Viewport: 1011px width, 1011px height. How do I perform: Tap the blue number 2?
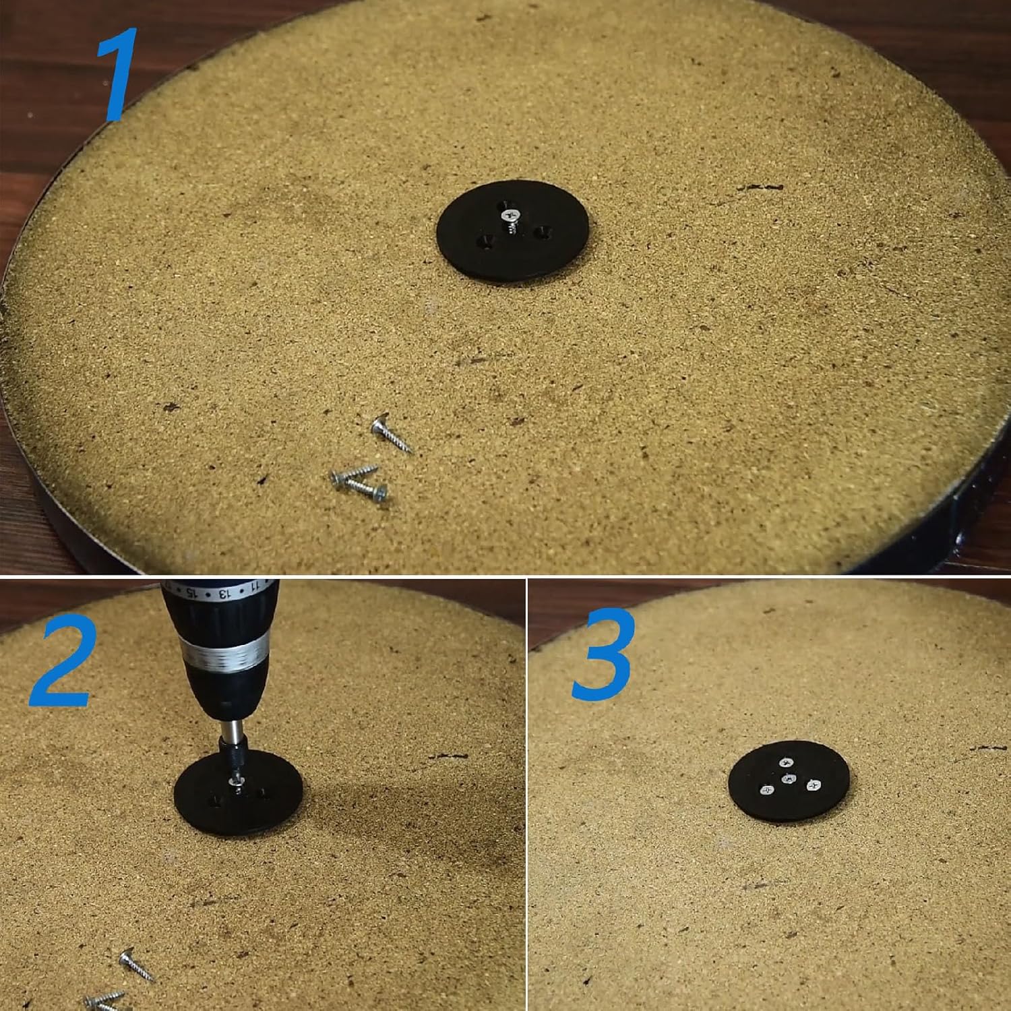click(x=61, y=661)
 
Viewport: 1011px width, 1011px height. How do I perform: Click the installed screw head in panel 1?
click(x=511, y=215)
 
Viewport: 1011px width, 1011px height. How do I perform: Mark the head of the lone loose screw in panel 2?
click(x=127, y=956)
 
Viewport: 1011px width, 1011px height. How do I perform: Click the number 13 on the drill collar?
click(x=223, y=594)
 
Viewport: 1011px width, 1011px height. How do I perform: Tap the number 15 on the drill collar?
click(x=191, y=592)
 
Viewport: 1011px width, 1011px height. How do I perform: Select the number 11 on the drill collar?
click(x=254, y=588)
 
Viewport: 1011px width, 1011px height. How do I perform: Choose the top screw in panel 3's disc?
click(x=786, y=762)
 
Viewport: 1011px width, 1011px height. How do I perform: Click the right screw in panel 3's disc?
click(x=813, y=785)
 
